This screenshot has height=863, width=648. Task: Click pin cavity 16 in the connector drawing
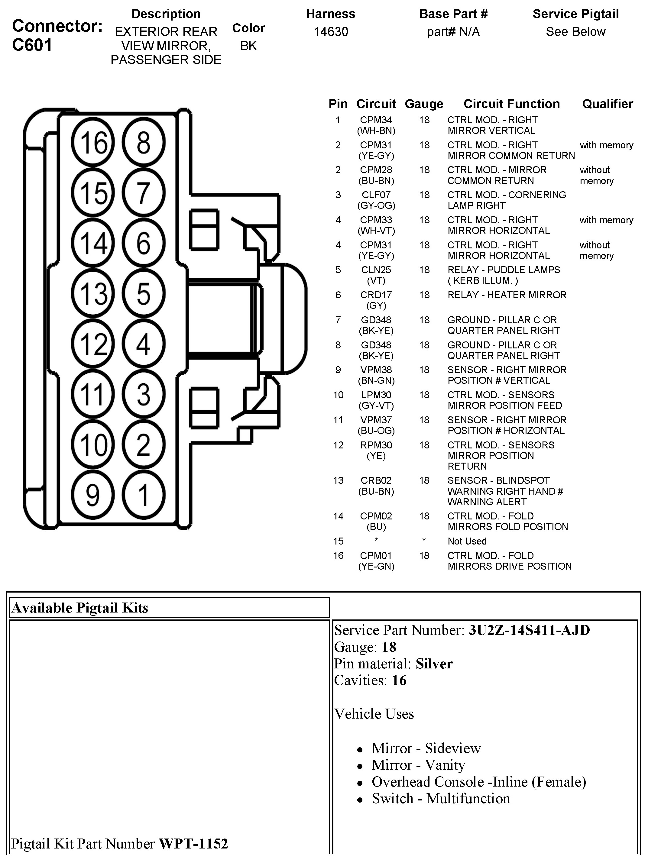(x=93, y=142)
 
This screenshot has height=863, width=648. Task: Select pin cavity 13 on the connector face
(x=93, y=293)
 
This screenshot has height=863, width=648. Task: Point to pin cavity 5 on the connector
(x=143, y=293)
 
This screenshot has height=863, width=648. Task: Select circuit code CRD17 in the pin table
(x=376, y=295)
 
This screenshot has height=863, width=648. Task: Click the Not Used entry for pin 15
(x=467, y=541)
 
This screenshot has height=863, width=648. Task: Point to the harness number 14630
(x=331, y=32)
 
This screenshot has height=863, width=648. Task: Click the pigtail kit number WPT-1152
(x=193, y=843)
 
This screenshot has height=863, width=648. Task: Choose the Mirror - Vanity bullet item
(x=418, y=765)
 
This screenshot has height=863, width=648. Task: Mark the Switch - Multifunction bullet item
(x=441, y=799)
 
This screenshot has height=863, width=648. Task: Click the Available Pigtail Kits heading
(x=80, y=608)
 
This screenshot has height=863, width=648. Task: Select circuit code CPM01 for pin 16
(x=376, y=556)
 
